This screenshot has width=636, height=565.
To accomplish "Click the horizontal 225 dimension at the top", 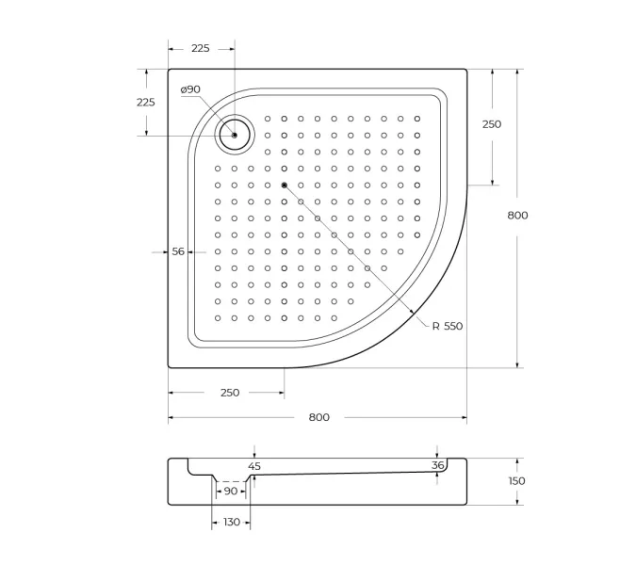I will [199, 48].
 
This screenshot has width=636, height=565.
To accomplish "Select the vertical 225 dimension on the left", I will [145, 103].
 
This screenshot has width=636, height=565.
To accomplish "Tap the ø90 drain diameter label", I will [190, 89].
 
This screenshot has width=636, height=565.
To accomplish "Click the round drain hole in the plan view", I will [234, 135].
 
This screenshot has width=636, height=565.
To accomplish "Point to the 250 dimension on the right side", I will [492, 124].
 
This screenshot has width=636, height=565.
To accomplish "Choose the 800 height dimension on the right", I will [517, 216].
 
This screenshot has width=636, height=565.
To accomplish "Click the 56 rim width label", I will [177, 251].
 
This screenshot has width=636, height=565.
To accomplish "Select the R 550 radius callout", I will [448, 326].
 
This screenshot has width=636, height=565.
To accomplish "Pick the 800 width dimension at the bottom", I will [318, 417].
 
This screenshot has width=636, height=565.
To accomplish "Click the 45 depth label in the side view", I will [254, 466].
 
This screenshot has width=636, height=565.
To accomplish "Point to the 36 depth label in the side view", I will [437, 465].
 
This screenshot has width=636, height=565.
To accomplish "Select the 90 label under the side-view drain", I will [231, 492].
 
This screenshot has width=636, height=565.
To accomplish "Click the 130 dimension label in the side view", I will [230, 522].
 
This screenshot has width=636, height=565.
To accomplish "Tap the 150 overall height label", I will [517, 481].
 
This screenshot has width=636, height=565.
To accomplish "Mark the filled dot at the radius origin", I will [284, 185].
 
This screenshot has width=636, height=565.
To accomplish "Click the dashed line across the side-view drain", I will [231, 480].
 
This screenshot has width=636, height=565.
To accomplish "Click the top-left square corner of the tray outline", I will [170, 69].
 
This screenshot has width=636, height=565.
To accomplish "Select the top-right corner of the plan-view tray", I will [466, 69].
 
